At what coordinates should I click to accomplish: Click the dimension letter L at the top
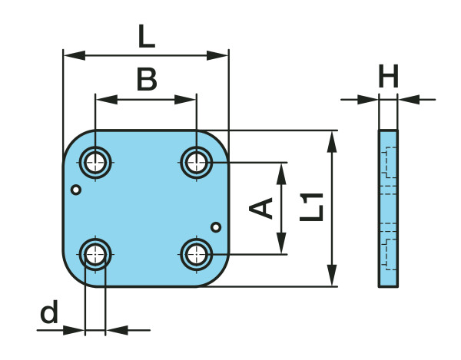[147, 36]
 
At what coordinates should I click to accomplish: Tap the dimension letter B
[147, 79]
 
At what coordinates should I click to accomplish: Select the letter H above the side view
[388, 76]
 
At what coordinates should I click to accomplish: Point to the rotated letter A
[260, 208]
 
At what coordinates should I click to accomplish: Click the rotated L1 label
[312, 206]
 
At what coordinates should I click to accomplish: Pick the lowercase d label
[49, 311]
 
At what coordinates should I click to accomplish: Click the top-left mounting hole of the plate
[95, 162]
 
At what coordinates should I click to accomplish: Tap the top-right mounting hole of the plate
[197, 162]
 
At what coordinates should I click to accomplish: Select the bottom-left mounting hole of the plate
[95, 254]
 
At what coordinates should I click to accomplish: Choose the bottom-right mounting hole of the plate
[197, 254]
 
